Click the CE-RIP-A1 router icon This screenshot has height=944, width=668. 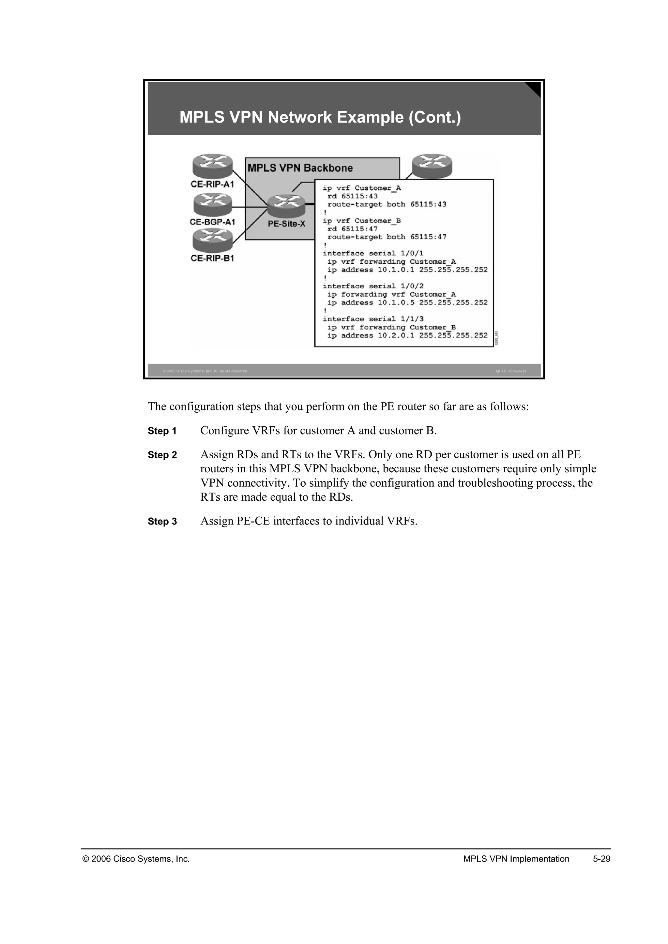point(212,166)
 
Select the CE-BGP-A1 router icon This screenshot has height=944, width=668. point(212,204)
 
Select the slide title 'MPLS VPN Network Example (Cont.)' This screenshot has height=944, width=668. point(320,117)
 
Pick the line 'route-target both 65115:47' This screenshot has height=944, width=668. point(387,237)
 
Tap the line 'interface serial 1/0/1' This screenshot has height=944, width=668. point(373,253)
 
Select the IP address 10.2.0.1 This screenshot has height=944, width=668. point(396,335)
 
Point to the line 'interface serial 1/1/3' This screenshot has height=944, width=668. point(373,319)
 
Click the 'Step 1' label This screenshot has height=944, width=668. point(162,431)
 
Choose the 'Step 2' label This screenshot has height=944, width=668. point(162,455)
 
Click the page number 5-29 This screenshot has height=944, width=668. point(601,859)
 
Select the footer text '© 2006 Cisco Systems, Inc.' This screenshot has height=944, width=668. point(136,859)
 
